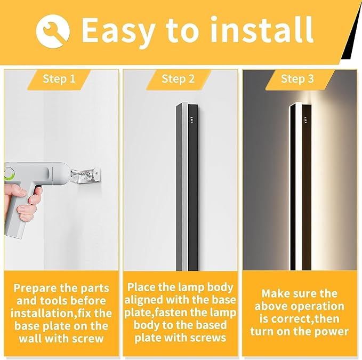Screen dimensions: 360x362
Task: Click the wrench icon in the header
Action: [x=53, y=29]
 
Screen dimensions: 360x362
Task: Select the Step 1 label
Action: [x=59, y=79]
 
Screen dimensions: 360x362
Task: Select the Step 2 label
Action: [x=178, y=79]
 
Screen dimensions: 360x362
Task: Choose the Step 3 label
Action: [x=297, y=79]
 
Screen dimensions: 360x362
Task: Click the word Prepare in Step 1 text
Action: [x=35, y=288]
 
